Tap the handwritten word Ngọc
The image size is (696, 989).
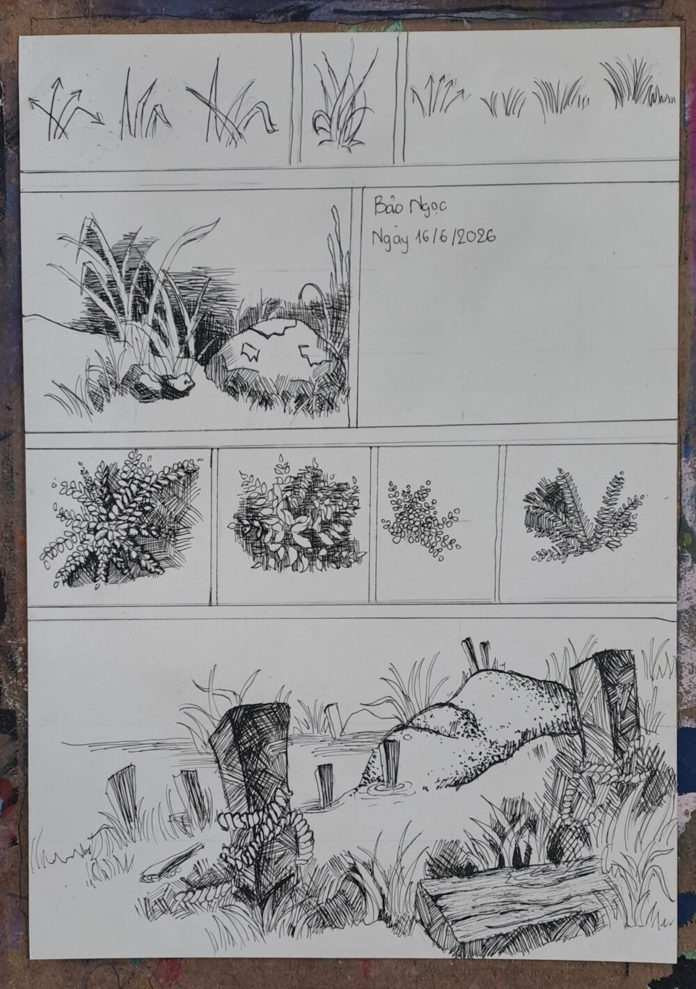(x=428, y=208)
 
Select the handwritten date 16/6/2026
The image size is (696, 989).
(x=454, y=237)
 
